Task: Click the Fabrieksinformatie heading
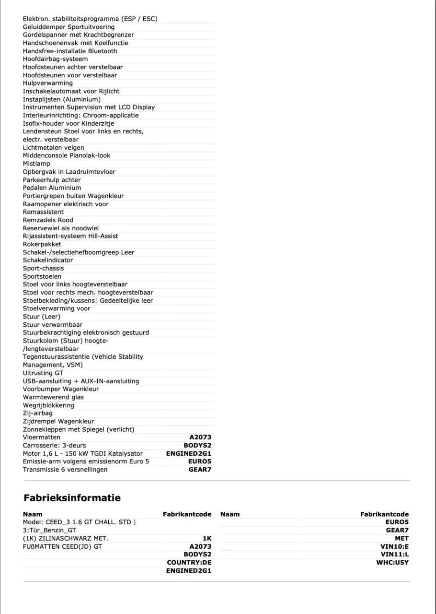point(72,498)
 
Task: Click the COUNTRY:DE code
point(189,562)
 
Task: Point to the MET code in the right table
point(402,538)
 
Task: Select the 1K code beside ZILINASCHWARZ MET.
point(207,538)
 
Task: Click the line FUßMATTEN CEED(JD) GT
point(62,546)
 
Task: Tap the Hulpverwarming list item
point(48,83)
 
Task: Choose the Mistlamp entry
point(36,164)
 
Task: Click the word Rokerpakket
point(42,244)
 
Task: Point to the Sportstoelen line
point(42,276)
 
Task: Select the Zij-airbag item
point(38,413)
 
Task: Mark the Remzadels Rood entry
point(48,220)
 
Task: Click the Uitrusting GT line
point(43,373)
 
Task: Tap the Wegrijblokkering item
point(48,405)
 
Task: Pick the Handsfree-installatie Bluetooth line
point(70,51)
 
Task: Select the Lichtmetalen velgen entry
point(54,148)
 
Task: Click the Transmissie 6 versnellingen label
point(65,470)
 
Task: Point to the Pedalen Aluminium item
point(52,188)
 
